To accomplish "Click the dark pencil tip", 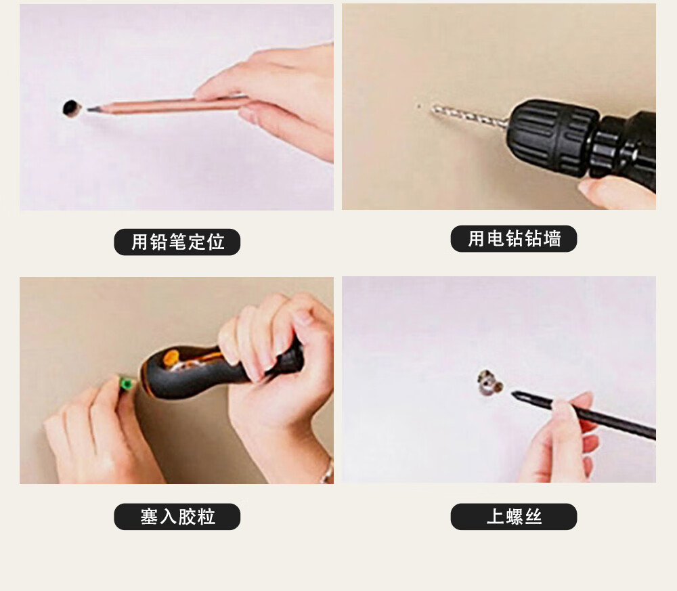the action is (92, 109).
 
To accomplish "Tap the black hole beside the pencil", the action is (71, 108).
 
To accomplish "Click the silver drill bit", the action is (469, 116).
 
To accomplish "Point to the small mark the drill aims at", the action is (418, 105).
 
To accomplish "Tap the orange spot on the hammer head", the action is (171, 359).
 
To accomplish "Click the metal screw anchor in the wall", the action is (489, 382).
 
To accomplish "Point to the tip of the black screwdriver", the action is (513, 393).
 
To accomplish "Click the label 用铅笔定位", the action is (177, 242).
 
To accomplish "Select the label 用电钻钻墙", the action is (514, 239).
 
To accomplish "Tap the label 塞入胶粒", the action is (177, 517).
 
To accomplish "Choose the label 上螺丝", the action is (514, 517).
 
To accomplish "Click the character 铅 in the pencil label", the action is (158, 242).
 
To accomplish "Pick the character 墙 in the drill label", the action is (552, 239).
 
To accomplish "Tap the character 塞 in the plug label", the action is (148, 517).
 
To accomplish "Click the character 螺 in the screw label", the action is (514, 517).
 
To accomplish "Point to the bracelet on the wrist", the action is (327, 471).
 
